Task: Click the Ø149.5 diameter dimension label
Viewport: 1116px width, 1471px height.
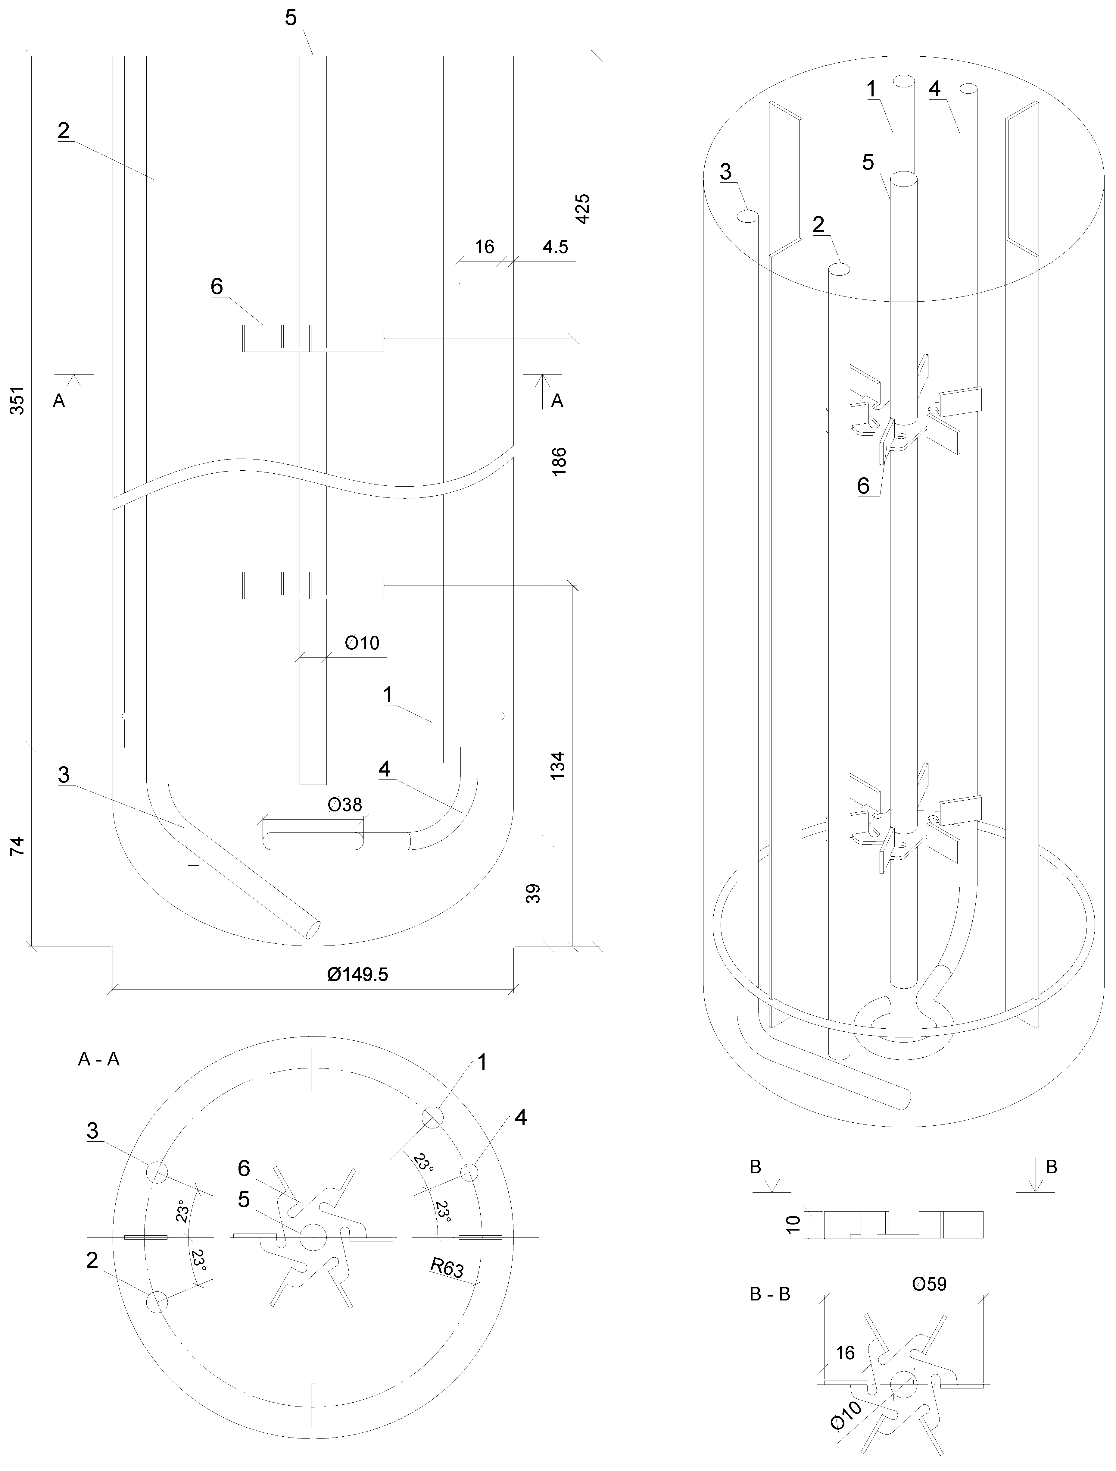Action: point(357,974)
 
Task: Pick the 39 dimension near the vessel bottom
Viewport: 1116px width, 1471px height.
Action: point(533,893)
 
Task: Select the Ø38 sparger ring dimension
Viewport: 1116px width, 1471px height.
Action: point(345,805)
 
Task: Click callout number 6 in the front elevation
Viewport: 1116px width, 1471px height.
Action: point(217,287)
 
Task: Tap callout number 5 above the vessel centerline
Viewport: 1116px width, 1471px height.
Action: point(291,18)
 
